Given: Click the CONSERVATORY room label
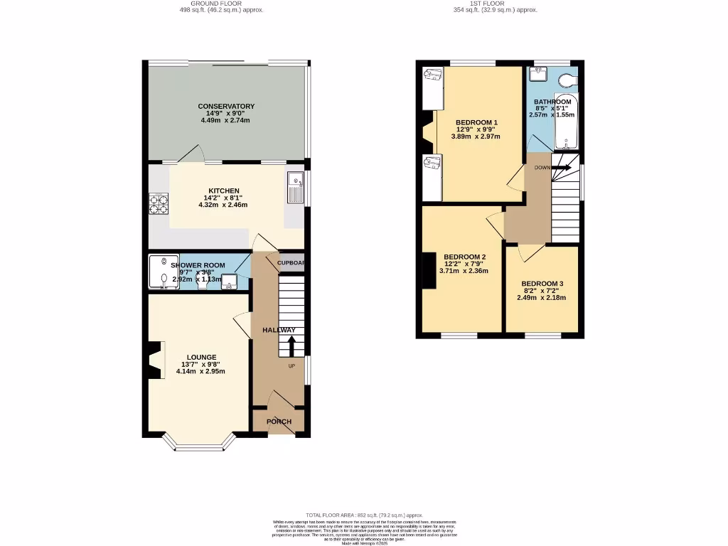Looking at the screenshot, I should [225, 107].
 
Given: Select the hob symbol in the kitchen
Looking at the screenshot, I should [159, 204].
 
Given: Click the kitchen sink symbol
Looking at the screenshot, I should [296, 186].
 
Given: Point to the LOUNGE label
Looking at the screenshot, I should [201, 357].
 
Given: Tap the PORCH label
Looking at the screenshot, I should [279, 422].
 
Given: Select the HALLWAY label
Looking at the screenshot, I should [279, 331].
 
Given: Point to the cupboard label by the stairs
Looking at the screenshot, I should [290, 262].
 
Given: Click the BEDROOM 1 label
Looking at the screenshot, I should [476, 122].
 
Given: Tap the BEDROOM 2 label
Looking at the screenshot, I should [464, 257].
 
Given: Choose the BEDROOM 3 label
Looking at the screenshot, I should [541, 283].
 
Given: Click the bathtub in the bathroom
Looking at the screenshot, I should [567, 120].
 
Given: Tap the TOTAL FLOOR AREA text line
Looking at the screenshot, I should [363, 515].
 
